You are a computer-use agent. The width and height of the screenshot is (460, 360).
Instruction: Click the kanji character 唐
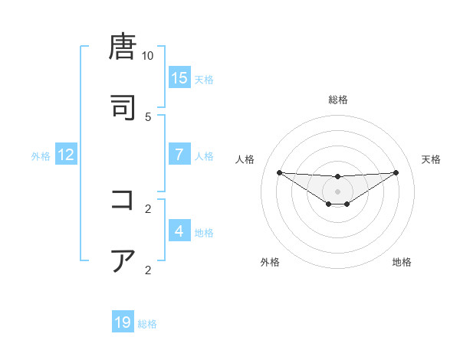point(123,47)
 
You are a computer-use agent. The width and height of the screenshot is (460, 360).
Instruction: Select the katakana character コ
point(123,200)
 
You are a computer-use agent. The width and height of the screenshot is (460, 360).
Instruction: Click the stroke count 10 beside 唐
point(148,56)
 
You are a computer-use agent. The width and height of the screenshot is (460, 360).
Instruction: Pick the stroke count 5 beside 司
point(148,116)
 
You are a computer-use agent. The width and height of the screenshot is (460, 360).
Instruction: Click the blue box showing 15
point(179,77)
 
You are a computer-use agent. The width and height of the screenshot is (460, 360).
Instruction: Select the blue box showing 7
point(179,154)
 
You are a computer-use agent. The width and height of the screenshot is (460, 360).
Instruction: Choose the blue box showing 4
point(179,231)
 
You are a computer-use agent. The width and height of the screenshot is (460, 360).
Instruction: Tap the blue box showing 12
point(66,155)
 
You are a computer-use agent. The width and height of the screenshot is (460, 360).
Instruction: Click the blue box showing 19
point(123,322)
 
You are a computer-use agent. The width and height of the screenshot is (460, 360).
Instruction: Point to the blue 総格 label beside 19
point(147,324)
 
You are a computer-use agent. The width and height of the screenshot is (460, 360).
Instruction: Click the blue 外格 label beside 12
point(41,156)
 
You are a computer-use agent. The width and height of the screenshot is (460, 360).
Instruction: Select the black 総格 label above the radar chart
point(338,100)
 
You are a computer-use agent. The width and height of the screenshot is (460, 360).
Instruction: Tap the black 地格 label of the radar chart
point(402,262)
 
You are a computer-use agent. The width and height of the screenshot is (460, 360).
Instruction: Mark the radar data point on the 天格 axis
point(396,172)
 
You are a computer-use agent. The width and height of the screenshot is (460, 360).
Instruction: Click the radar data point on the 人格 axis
point(279,172)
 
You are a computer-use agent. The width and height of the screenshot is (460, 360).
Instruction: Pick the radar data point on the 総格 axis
point(338,177)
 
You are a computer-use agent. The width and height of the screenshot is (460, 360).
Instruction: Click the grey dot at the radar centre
point(338,191)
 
